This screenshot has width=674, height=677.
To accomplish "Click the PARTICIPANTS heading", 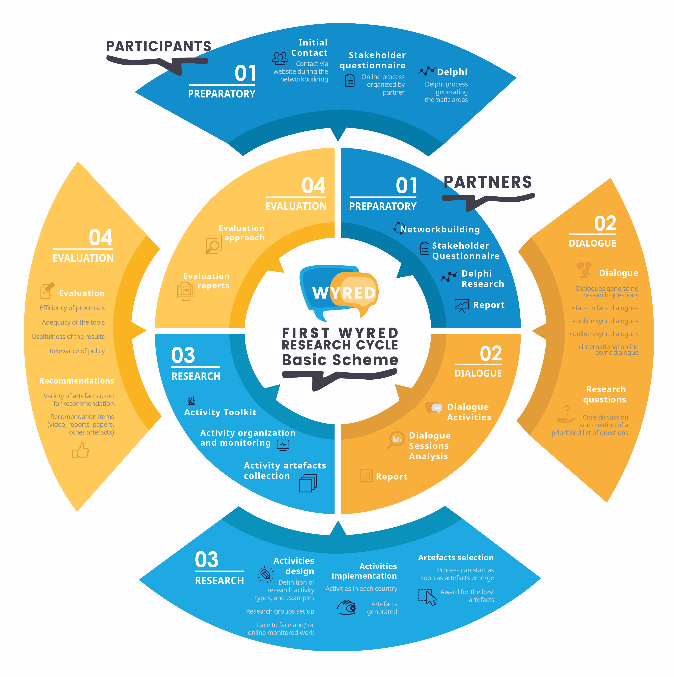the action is point(159,46).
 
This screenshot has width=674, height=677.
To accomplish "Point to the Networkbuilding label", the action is point(440,230).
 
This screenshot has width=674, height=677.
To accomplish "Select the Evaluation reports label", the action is point(207,281).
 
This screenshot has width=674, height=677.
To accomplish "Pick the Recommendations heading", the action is point(77,381).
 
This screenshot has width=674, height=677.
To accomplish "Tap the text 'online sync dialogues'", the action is point(607,321).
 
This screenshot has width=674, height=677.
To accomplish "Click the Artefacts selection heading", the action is point(456,558).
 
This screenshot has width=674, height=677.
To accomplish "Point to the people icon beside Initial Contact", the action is point(280,58).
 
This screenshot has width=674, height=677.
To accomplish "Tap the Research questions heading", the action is point(605,394).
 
